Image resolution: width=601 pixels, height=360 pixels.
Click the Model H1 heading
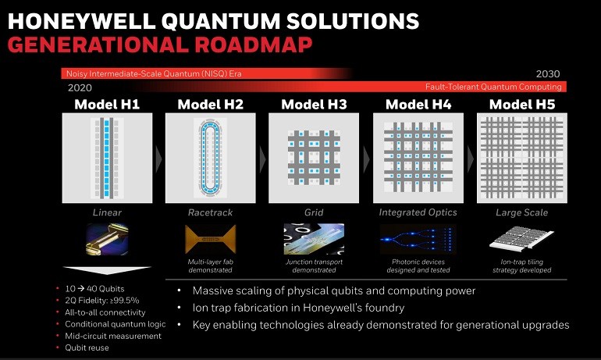[107, 105]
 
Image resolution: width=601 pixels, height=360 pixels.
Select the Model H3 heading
[314, 105]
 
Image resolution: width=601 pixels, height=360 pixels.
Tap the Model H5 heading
[522, 105]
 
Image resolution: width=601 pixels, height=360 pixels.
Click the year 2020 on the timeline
[80, 87]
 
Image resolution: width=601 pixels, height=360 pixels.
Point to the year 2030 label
[548, 73]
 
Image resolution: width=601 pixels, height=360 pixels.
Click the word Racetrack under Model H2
[211, 212]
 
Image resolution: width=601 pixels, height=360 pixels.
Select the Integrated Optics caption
[418, 212]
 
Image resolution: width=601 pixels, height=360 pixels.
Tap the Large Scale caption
[521, 212]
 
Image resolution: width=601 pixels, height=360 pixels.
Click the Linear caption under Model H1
[107, 212]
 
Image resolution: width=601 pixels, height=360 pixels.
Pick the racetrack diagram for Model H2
[211, 158]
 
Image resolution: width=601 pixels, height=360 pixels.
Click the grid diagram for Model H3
[314, 158]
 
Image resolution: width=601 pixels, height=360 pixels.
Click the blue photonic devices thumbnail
[418, 239]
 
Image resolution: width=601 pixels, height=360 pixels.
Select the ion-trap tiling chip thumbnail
[521, 239]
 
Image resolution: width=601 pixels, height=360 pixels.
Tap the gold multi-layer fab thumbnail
[211, 239]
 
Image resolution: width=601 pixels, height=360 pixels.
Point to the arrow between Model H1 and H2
[158, 159]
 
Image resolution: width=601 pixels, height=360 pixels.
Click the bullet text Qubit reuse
[87, 348]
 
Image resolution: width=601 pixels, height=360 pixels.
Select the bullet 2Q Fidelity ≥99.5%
[102, 301]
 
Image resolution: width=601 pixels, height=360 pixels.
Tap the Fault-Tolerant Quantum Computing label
[493, 87]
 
